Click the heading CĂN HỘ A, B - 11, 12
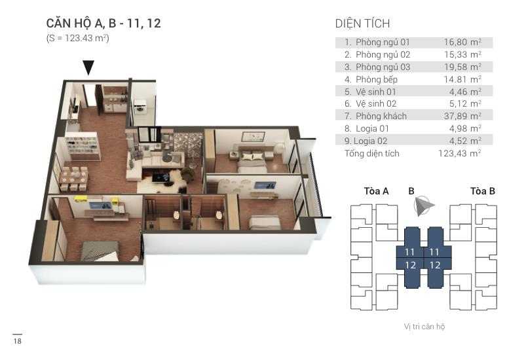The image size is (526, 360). click(103, 24)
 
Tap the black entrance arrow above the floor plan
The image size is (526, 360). click(88, 67)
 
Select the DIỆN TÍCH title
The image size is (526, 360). click(362, 24)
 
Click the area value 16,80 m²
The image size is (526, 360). click(462, 42)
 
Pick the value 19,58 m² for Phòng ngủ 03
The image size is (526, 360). click(462, 67)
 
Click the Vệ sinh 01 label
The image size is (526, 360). click(376, 92)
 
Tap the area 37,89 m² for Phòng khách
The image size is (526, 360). click(462, 117)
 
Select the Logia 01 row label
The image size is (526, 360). click(373, 129)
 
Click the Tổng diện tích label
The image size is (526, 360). click(371, 154)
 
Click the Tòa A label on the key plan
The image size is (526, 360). click(376, 191)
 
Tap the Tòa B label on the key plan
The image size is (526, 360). click(482, 191)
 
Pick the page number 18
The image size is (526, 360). click(17, 342)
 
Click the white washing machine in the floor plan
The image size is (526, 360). click(141, 108)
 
